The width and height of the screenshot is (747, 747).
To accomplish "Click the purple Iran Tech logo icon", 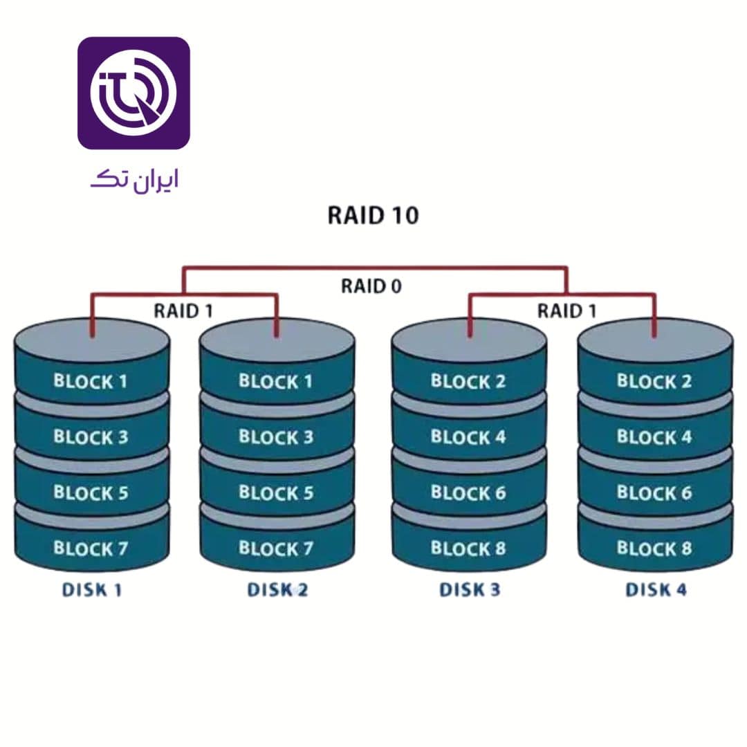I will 133,93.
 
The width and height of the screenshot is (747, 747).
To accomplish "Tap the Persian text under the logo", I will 134,181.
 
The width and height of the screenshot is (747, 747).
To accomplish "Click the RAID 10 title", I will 373,216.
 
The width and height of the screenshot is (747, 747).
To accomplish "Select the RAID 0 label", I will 371,286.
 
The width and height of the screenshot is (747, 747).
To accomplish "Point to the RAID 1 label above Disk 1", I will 183,311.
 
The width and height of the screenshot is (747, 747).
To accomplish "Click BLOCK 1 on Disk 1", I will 91,381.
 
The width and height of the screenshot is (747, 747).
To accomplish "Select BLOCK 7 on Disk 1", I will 91,549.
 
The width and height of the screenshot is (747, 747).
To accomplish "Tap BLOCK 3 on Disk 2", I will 276,437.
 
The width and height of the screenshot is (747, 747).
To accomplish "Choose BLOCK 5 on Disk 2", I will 276,493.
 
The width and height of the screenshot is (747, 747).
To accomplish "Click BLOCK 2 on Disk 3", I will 468,381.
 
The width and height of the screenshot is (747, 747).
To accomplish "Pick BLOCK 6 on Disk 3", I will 468,493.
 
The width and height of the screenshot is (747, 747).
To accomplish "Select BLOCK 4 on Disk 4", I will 654,437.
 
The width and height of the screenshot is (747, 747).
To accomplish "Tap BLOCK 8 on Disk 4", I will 654,549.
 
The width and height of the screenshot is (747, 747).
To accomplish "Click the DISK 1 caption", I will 92,590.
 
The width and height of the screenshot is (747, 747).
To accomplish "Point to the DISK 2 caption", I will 277,590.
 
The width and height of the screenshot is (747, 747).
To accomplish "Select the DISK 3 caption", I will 470,590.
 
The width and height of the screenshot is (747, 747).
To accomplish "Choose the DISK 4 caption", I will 656,590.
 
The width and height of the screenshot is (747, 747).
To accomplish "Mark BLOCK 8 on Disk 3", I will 468,549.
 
